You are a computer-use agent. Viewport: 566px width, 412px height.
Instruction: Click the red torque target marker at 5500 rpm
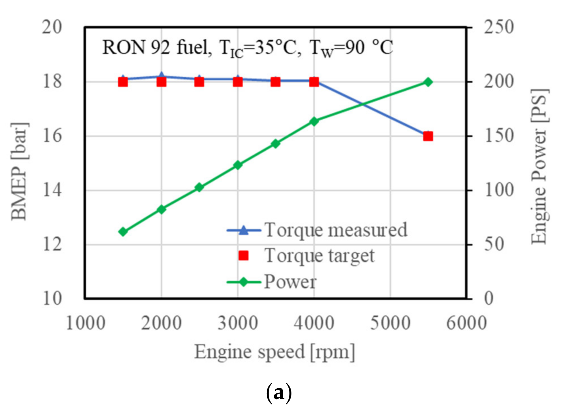[428, 136]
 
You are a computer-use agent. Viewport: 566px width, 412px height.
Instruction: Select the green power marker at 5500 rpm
[428, 82]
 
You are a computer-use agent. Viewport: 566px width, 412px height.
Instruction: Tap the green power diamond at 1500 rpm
[123, 232]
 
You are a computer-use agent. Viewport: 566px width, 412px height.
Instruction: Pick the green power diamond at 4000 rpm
[314, 122]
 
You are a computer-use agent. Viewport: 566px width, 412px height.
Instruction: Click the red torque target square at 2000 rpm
[161, 82]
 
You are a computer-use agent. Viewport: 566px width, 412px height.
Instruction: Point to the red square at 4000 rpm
[314, 82]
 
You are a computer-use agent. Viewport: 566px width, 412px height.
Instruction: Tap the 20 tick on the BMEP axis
[52, 27]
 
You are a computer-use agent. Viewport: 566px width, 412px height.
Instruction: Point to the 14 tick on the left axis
[52, 190]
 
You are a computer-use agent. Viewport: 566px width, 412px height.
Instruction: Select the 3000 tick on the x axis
[238, 323]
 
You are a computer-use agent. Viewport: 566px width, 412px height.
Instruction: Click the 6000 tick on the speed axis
[466, 323]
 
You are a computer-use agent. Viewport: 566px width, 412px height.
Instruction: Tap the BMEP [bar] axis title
[19, 172]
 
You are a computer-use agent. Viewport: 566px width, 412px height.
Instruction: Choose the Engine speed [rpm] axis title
[275, 352]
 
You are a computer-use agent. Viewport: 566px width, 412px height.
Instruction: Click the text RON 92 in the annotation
[136, 47]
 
